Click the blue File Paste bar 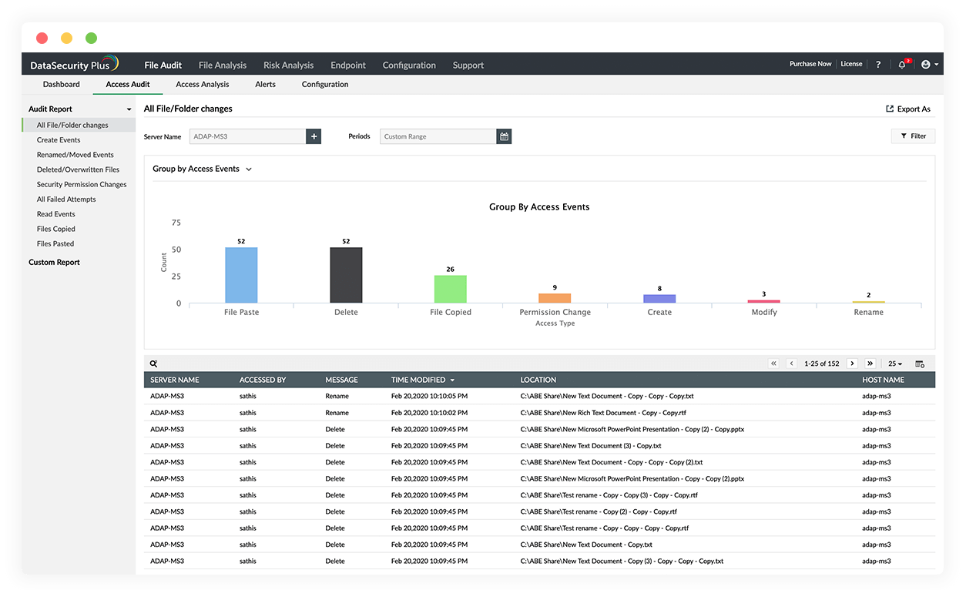click(x=241, y=275)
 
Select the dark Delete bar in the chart click(x=346, y=275)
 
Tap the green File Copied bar click(x=451, y=289)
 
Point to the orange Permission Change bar click(x=555, y=298)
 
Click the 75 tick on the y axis click(x=176, y=223)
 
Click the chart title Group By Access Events click(x=539, y=207)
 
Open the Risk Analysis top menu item click(x=288, y=65)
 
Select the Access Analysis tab click(x=203, y=85)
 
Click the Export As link click(x=908, y=109)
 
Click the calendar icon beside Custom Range click(x=504, y=136)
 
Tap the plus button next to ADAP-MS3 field click(x=314, y=136)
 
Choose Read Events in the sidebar click(x=56, y=214)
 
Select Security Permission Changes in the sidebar click(x=82, y=185)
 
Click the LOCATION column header click(x=538, y=380)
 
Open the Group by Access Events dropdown click(x=203, y=169)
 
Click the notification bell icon click(x=902, y=65)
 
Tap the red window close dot click(x=42, y=38)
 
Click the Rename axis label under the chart click(x=868, y=313)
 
